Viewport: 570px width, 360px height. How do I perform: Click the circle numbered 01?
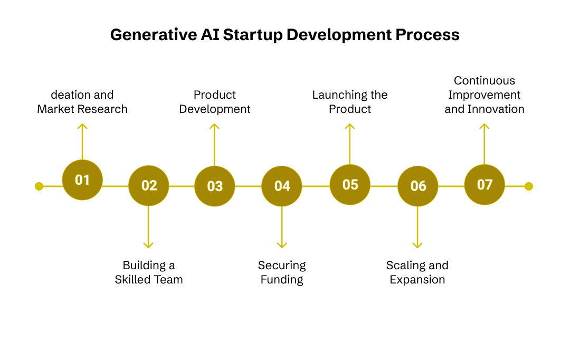(82, 180)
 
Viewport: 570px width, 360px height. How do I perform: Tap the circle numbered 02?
(149, 186)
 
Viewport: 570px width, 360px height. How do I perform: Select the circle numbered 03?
(215, 186)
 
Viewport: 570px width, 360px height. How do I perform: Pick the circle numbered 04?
(282, 186)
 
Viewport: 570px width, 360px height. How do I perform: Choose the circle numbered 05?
(350, 185)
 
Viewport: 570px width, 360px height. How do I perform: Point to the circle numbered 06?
(417, 186)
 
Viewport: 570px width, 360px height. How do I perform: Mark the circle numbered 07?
(484, 184)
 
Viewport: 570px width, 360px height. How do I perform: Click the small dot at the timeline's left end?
(39, 186)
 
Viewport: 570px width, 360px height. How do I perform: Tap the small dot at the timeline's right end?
(529, 186)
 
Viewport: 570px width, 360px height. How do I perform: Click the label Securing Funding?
(282, 272)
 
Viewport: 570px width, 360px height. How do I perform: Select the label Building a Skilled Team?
(149, 272)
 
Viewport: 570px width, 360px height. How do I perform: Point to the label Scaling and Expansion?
(417, 272)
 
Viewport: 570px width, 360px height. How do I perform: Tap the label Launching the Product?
(350, 102)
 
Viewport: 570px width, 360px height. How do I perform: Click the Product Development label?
(215, 102)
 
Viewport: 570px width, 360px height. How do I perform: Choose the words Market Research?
(82, 109)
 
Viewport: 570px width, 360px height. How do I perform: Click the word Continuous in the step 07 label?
(484, 81)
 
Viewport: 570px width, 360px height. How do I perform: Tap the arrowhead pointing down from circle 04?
(282, 244)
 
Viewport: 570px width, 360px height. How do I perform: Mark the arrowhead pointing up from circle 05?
(349, 126)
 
